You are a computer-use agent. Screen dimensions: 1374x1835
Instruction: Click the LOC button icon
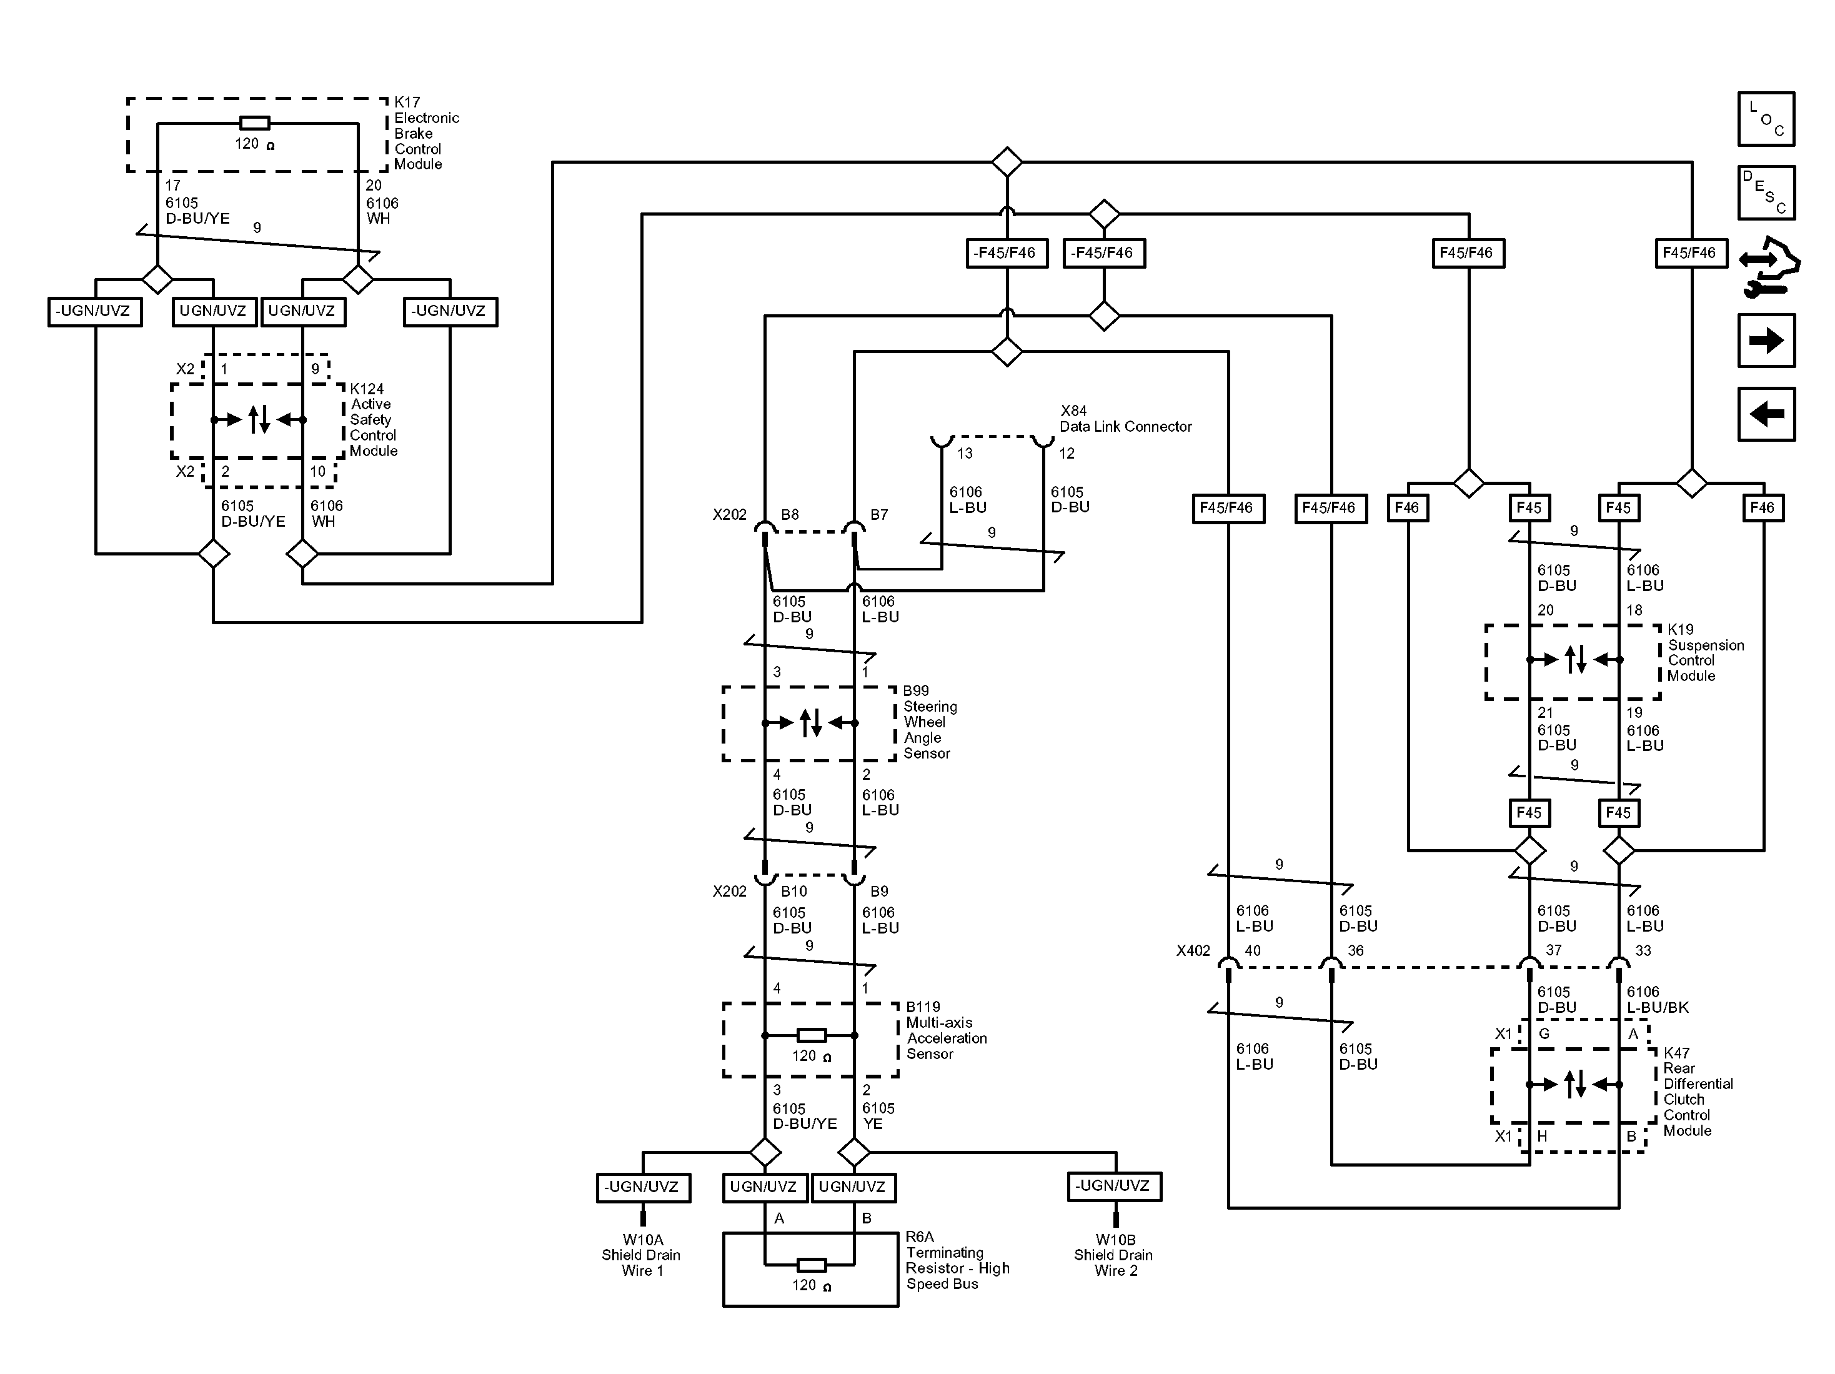[x=1765, y=119]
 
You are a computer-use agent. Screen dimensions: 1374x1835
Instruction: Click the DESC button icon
[x=1765, y=192]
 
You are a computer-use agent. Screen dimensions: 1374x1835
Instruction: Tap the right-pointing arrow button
[x=1765, y=340]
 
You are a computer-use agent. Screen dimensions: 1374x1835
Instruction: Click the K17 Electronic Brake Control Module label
[x=425, y=132]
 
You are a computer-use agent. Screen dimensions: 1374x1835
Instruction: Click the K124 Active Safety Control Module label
[x=372, y=420]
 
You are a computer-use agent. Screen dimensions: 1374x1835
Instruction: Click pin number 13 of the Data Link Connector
[x=965, y=454]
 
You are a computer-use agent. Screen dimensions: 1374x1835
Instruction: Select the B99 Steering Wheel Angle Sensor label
[x=929, y=722]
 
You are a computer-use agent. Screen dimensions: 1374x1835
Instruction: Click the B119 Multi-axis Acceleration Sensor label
[x=946, y=1030]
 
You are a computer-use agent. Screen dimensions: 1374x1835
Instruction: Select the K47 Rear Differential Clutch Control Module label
[x=1698, y=1091]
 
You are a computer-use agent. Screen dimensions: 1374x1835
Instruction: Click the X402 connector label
[x=1192, y=951]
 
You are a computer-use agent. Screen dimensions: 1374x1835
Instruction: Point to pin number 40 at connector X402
[x=1252, y=951]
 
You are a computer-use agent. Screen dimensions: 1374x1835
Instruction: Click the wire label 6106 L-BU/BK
[x=1657, y=1000]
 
